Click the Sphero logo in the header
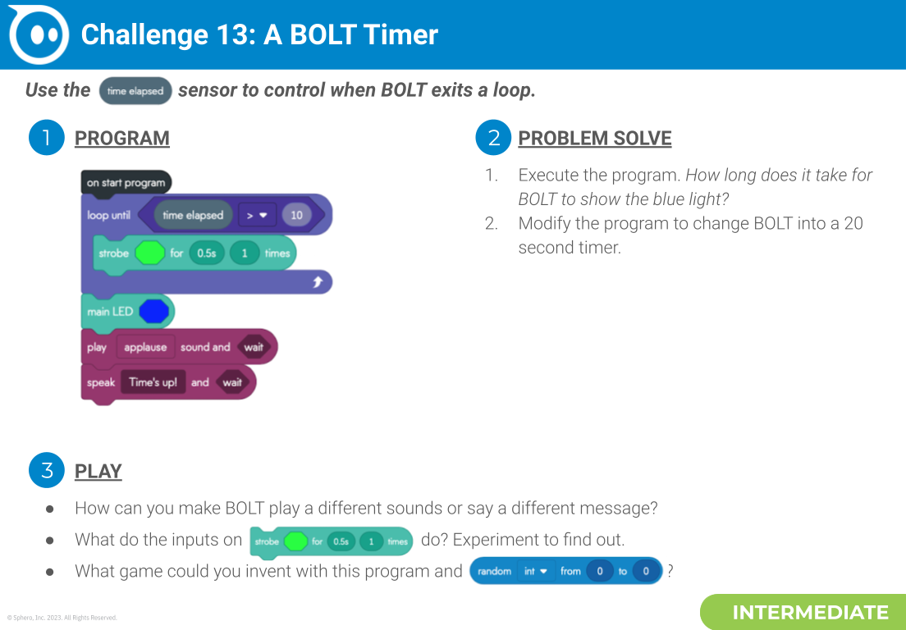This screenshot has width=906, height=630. (39, 34)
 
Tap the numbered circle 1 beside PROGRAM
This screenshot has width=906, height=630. (46, 138)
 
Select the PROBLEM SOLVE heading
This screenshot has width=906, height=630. (594, 138)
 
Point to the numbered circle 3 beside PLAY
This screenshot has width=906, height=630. (46, 470)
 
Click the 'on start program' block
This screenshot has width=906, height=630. (126, 182)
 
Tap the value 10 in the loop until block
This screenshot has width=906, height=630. (296, 216)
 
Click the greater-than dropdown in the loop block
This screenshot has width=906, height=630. (258, 216)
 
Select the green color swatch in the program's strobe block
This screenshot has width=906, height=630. (149, 253)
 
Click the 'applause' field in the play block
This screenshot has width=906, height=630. (145, 348)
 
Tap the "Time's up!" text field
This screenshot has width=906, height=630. (153, 382)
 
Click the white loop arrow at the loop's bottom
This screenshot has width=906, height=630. (318, 282)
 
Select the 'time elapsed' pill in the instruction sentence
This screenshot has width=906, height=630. (135, 91)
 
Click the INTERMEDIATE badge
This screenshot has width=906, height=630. (809, 613)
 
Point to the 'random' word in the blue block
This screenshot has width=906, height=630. (494, 571)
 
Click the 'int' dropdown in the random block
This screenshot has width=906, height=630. (535, 571)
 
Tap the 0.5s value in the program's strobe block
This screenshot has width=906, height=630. (206, 253)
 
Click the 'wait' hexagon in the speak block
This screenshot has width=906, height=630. (232, 382)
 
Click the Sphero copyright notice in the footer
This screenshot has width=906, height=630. (62, 618)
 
